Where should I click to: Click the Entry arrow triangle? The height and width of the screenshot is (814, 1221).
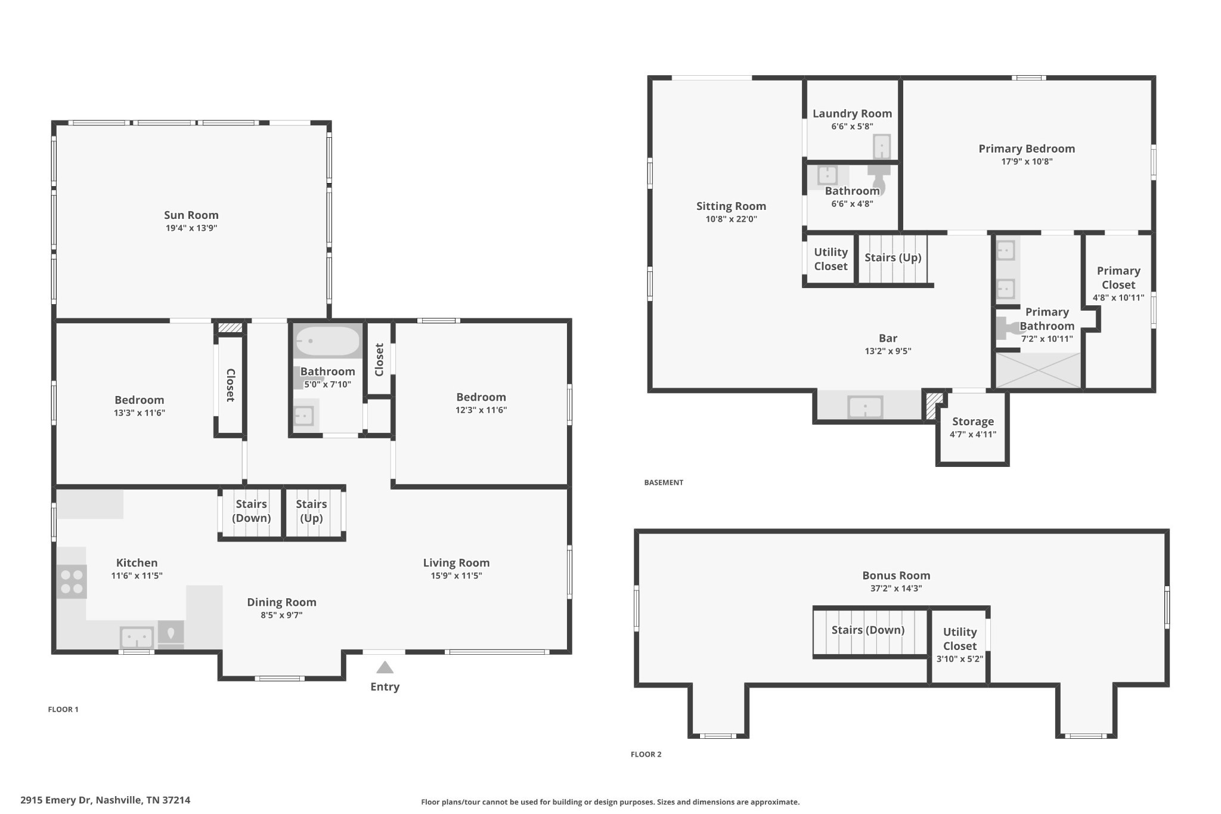385,667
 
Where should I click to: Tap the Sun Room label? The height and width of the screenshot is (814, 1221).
191,215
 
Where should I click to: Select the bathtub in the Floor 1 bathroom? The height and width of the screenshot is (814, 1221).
328,341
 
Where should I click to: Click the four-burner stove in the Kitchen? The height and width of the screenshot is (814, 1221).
72,581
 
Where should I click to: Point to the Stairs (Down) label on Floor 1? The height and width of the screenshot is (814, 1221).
251,511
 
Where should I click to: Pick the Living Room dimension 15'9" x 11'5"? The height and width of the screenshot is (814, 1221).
456,576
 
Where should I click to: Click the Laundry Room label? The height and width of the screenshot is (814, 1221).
852,113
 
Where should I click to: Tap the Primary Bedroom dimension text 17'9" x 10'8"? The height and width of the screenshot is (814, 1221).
1027,162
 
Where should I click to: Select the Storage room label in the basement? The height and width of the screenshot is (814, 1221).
973,422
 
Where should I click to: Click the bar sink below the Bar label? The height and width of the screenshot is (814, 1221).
865,407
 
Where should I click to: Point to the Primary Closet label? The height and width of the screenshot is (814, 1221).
1118,278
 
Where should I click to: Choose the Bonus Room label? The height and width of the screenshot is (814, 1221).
896,575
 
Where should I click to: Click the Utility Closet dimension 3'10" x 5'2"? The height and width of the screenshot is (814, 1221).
960,659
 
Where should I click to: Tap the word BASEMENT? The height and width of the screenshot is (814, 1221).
664,482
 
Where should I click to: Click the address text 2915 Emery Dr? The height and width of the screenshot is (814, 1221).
56,800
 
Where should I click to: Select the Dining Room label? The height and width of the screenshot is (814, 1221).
281,602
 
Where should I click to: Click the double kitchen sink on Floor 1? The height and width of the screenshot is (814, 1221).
137,637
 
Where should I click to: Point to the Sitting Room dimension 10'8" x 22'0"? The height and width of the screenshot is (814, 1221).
731,219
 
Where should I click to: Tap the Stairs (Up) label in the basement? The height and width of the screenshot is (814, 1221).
893,258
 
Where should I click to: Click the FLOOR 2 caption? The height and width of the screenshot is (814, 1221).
646,754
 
